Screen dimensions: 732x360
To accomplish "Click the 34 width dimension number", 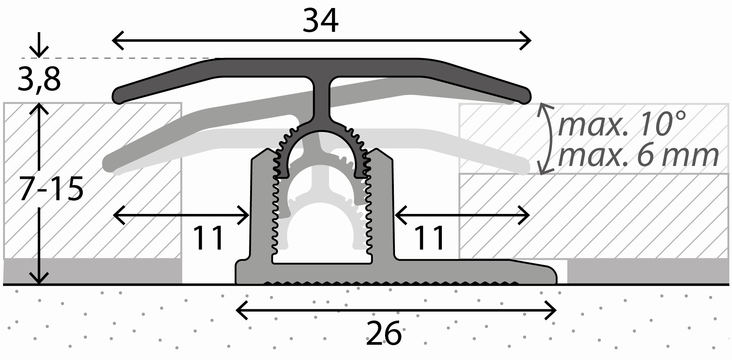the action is point(320,21).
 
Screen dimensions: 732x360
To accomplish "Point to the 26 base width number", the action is point(384,333).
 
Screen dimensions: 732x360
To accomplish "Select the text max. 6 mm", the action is point(638,155).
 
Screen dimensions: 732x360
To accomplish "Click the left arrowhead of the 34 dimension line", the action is point(118,40).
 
